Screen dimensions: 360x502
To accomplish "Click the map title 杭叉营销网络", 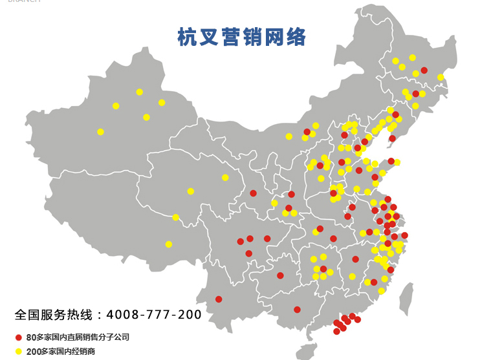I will (x=241, y=37).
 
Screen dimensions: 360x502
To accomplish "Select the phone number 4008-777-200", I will (x=154, y=315).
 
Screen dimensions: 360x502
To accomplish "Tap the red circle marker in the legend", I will (x=19, y=337).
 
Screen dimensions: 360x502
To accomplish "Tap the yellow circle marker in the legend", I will (x=19, y=351).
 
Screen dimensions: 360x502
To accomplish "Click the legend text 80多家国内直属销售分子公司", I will (x=78, y=337).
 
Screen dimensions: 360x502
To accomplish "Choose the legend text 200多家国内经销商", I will (x=61, y=351).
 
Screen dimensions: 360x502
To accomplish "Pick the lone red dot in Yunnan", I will (x=219, y=299).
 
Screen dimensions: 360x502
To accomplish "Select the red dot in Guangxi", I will (x=297, y=310).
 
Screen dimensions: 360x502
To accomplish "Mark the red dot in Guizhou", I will (x=280, y=275).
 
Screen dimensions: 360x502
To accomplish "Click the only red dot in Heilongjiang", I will (x=424, y=70).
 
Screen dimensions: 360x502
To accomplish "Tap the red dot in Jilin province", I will (x=416, y=94).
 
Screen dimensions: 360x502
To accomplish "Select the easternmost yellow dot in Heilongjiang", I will (x=441, y=78).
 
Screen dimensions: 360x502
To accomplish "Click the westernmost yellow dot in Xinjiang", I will (x=100, y=132).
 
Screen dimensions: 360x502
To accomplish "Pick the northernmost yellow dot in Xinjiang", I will (x=139, y=92).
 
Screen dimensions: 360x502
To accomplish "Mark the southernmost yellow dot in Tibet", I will (x=169, y=244).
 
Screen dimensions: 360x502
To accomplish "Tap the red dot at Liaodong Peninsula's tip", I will (x=392, y=138).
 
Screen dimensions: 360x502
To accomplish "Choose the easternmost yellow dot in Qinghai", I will (x=225, y=178).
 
